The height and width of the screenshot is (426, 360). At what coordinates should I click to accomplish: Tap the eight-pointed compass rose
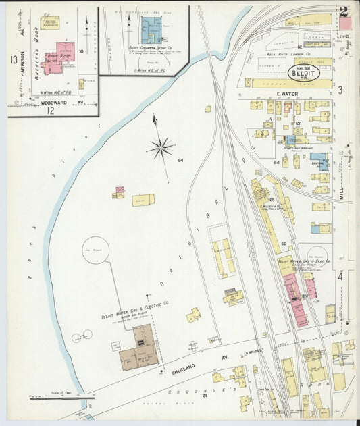coord(161,147)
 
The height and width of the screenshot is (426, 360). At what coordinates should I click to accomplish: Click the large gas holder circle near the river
coord(95,250)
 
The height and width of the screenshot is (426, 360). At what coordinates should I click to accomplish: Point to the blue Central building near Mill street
coord(318,161)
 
